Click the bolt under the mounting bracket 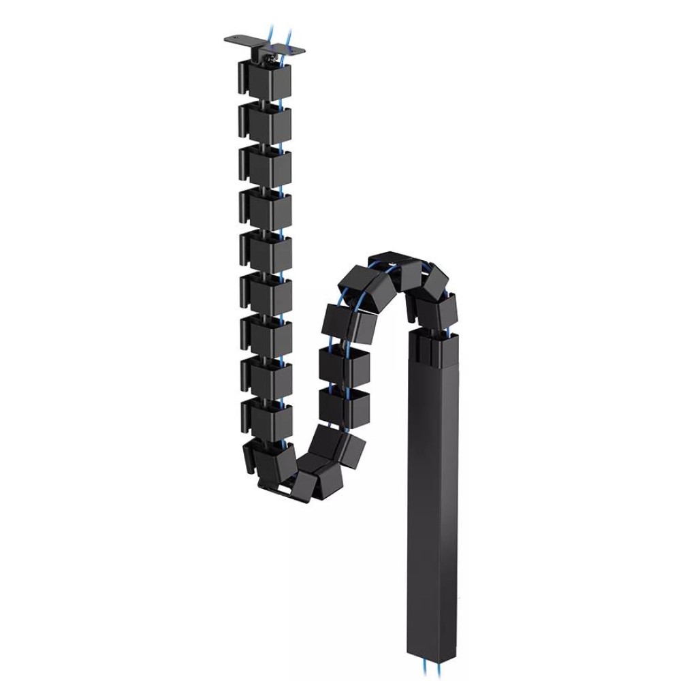pos(270,61)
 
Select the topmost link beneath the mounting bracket pos(266,80)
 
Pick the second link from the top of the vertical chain pos(266,123)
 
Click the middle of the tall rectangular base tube pos(433,490)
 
